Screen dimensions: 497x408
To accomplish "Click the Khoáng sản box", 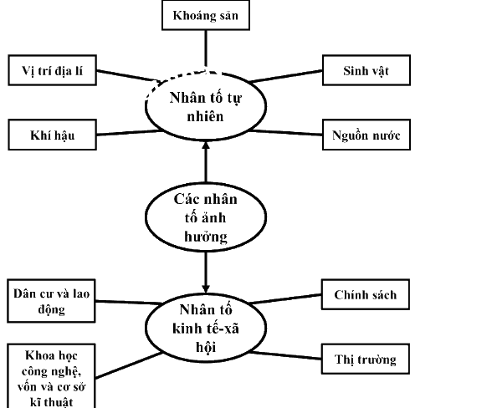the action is (206, 15).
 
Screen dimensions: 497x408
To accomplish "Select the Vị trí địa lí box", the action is (53, 70).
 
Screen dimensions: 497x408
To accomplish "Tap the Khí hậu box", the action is (53, 135).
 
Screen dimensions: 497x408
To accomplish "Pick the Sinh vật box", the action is (366, 70).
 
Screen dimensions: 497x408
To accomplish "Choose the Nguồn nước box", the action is (366, 135).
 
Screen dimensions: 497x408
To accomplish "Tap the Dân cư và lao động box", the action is (51, 301).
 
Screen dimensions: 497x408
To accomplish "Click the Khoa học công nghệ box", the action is (51, 376).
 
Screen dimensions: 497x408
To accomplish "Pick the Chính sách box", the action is (366, 294).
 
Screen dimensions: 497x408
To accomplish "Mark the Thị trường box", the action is (366, 359).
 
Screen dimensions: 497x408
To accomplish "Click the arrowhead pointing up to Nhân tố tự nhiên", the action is (206, 145).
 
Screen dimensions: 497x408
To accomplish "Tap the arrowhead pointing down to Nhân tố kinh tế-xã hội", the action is (206, 289).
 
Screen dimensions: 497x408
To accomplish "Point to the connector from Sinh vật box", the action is (286, 76).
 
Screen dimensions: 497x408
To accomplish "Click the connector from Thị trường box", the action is (285, 355).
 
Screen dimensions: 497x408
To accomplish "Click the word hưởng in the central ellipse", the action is (206, 237).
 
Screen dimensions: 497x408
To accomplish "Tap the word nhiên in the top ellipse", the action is (205, 116).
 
